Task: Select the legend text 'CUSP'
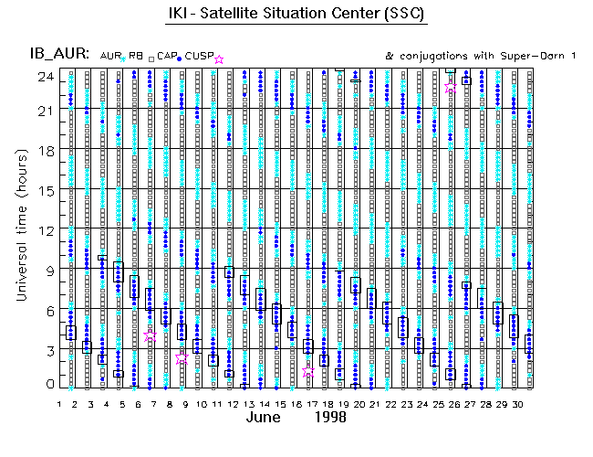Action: (x=199, y=57)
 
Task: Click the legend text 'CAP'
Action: (x=166, y=57)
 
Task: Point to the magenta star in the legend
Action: (x=219, y=59)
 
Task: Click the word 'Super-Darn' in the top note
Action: (x=488, y=57)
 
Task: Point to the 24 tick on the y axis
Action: (x=42, y=77)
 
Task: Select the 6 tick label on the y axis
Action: (x=46, y=308)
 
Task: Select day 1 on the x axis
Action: (x=59, y=403)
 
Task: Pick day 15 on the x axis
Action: (x=277, y=403)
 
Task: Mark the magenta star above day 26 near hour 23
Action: (x=451, y=88)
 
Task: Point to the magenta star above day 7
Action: (x=151, y=336)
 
